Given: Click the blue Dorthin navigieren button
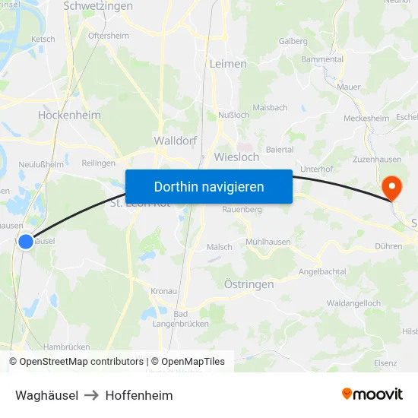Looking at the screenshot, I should pos(209,186).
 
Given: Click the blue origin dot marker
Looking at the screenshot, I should pos(26,241).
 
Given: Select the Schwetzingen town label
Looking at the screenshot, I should pos(98,6).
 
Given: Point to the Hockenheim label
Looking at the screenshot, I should pos(69,116).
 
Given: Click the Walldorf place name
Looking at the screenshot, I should pos(176,141).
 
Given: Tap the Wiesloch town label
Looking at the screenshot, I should pos(236,157).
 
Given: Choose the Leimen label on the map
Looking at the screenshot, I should pos(228,64).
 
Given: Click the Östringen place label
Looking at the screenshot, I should pos(249,283).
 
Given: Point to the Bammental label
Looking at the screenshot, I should pos(322,59).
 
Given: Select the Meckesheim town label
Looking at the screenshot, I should pos(366,119).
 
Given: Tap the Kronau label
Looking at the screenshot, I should pos(163,291).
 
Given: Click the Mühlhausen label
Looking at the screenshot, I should pos(268,242).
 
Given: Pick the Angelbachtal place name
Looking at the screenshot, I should pos(322,271).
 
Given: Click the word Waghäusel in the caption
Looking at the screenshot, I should pos(46,395).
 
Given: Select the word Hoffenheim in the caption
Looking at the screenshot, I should pos(139,395).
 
